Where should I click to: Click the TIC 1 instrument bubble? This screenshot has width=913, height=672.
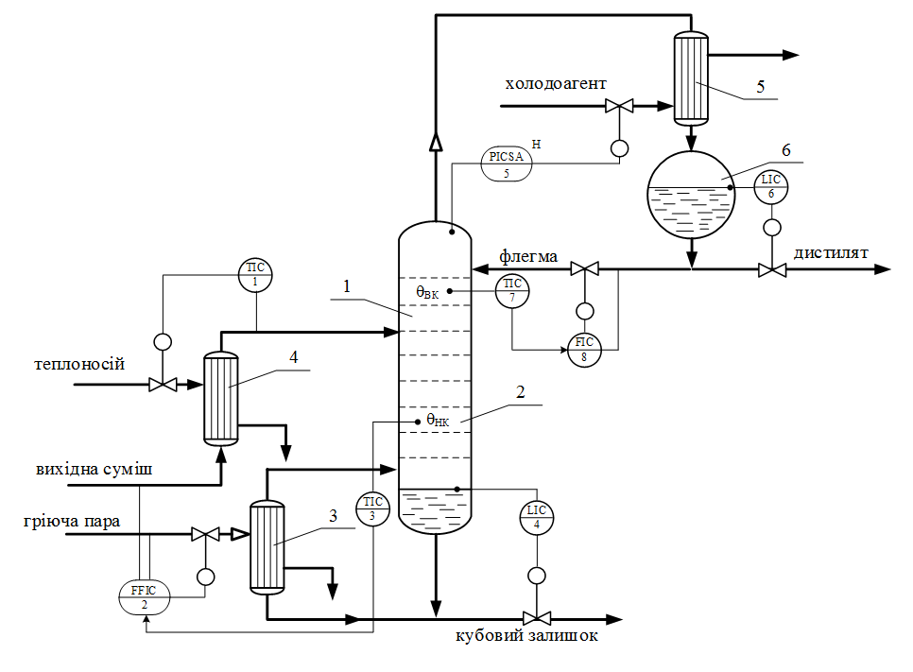(x=255, y=275)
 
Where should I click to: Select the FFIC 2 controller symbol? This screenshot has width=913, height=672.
(x=143, y=597)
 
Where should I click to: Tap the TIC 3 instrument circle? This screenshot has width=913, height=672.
(x=371, y=509)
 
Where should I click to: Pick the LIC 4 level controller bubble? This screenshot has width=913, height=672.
(x=537, y=519)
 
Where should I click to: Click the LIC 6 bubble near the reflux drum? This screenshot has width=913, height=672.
(x=771, y=187)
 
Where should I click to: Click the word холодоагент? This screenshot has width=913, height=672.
(x=555, y=84)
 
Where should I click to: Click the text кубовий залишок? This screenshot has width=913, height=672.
(x=525, y=636)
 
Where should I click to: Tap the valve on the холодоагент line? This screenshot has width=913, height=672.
(x=620, y=105)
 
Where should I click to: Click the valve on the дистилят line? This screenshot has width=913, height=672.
(x=772, y=269)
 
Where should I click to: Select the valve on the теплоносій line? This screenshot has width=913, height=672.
(x=162, y=385)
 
